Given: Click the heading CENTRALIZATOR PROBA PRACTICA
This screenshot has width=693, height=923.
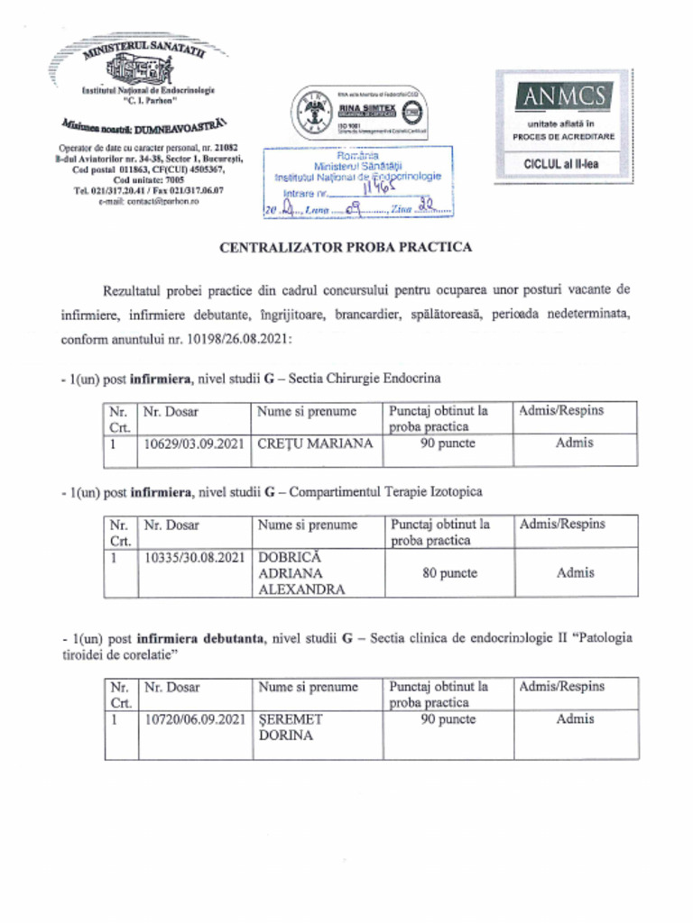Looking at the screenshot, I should [x=346, y=246].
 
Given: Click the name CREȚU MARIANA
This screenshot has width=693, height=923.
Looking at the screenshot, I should [x=315, y=443].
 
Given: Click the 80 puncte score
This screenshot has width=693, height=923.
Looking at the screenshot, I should [x=449, y=573].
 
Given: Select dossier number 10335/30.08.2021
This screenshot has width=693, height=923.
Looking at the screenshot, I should [x=194, y=557].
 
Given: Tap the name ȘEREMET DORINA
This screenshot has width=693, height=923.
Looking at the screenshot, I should [x=291, y=727].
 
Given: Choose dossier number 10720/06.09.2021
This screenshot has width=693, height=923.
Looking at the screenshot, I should [x=194, y=719].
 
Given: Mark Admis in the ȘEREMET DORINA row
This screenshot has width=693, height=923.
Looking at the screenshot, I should [x=575, y=719].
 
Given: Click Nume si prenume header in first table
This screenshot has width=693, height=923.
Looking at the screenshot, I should [x=307, y=411].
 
